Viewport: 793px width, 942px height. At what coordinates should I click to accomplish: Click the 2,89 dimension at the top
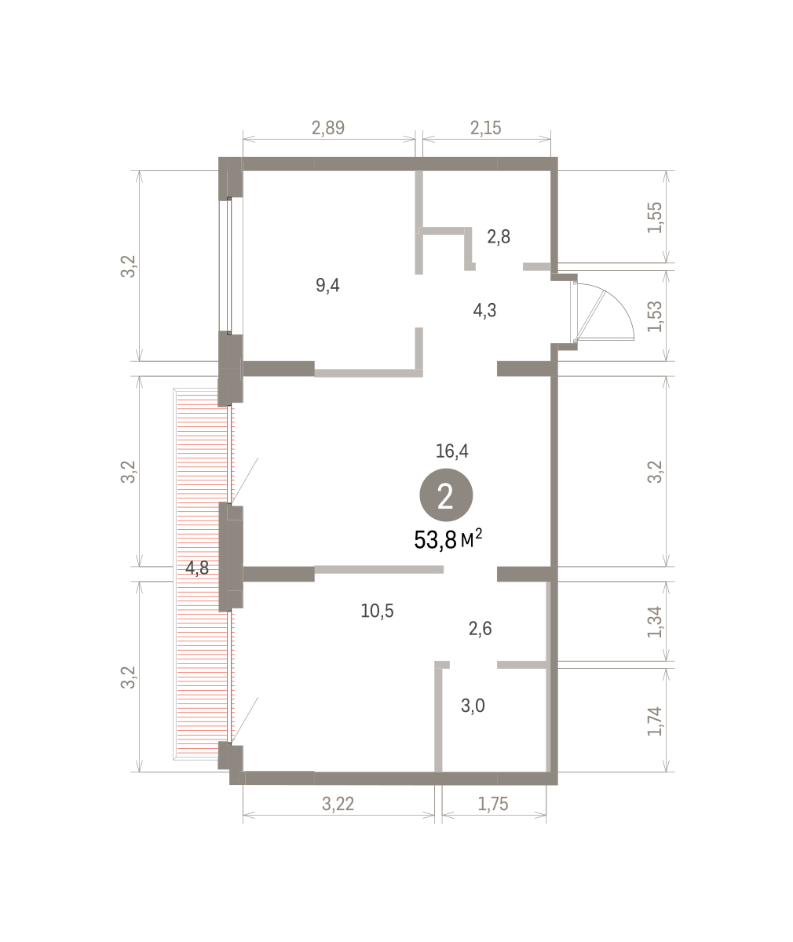point(328,128)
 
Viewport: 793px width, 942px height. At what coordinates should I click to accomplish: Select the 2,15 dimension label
point(486,128)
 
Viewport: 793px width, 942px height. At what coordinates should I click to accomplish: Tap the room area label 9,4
point(327,286)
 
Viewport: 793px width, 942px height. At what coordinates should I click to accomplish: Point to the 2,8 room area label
point(499,236)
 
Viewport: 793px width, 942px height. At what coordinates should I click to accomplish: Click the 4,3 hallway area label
point(484,310)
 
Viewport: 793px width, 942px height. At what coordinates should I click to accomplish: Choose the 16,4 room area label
point(451,451)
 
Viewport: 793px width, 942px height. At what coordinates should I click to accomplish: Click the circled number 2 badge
point(446,495)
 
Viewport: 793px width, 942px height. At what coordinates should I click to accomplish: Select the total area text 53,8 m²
point(448,539)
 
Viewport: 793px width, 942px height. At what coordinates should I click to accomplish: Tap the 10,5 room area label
point(378,611)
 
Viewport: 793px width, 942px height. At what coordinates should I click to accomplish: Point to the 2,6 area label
point(481,629)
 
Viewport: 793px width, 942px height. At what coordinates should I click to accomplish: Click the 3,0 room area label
point(473,706)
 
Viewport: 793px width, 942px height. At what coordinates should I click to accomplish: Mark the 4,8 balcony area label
point(197,568)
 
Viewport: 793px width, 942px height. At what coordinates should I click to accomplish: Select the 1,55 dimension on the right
point(655,217)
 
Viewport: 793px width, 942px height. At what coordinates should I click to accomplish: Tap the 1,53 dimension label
point(655,316)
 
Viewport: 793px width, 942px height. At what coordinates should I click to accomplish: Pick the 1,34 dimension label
point(655,622)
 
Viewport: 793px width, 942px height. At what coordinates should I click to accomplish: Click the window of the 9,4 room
point(229,266)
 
